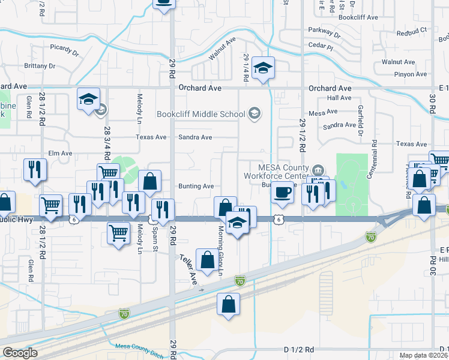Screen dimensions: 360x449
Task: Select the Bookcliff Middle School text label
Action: pyautogui.click(x=200, y=114)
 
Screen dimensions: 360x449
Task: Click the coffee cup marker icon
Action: pyautogui.click(x=282, y=193)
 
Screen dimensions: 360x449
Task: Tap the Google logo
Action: pyautogui.click(x=20, y=353)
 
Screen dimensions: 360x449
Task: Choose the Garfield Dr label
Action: pyautogui.click(x=360, y=120)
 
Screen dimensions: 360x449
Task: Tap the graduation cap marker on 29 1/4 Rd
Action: pyautogui.click(x=263, y=69)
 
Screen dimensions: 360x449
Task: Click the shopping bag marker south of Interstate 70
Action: pyautogui.click(x=228, y=305)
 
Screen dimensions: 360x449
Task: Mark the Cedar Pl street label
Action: pyautogui.click(x=321, y=46)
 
